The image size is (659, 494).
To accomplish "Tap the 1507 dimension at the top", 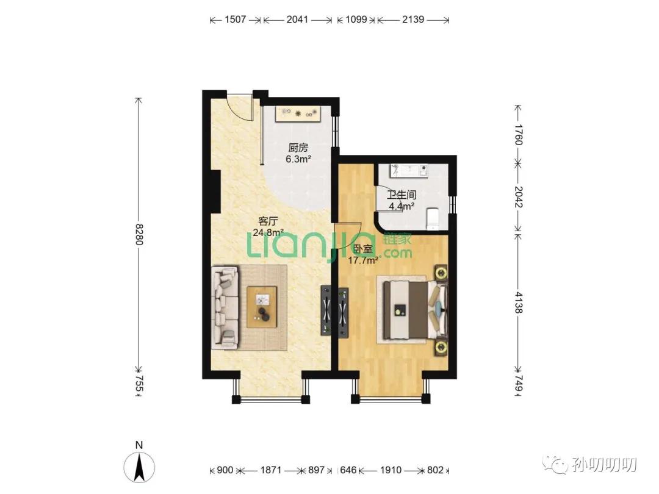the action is click(x=235, y=20).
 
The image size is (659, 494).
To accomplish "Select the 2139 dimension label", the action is click(x=412, y=20).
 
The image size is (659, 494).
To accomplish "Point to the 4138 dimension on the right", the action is click(x=518, y=302).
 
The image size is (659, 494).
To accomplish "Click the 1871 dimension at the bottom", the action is click(x=270, y=470).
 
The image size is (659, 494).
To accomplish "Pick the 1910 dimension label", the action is click(x=391, y=470).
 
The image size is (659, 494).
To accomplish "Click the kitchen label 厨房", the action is click(x=298, y=148).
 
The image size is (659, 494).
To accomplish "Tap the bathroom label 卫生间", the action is click(x=402, y=195).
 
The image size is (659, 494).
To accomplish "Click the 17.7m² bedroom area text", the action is click(x=362, y=260).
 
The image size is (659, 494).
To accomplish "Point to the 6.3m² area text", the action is click(x=298, y=159).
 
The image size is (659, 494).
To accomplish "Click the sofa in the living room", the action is click(x=225, y=307).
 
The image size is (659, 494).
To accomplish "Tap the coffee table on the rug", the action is click(x=262, y=307).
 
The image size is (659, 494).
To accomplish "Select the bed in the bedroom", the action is click(x=414, y=310).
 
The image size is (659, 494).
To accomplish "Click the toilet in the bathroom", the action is click(x=433, y=219).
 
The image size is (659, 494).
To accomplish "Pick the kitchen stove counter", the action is click(x=298, y=114).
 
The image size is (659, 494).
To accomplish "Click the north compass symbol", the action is click(x=139, y=466).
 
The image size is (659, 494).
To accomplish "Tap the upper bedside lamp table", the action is click(x=441, y=273).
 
